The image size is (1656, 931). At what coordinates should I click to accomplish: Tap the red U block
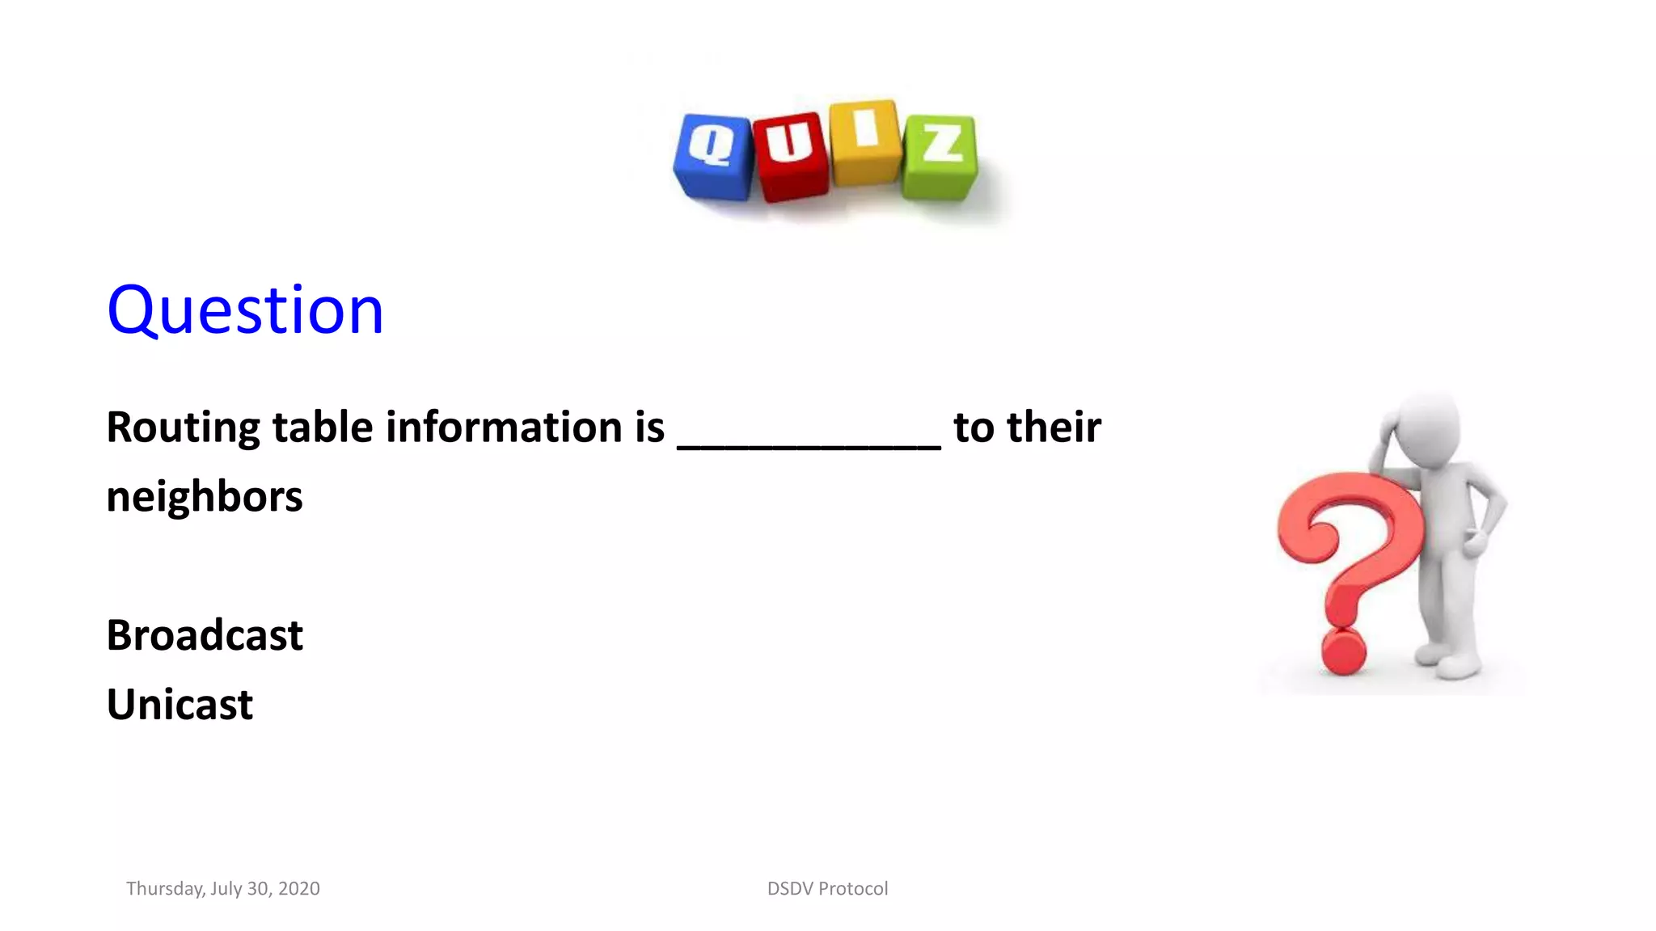coord(791,157)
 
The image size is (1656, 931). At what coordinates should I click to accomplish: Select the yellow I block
coord(865,141)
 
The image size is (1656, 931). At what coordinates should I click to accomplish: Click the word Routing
coord(183,428)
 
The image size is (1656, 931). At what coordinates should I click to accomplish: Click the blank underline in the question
coord(809,443)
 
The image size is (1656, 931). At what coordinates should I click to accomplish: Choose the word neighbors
coord(205,496)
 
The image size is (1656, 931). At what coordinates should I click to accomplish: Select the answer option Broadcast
coord(205,635)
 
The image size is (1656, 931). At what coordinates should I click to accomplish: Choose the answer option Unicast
coord(180,705)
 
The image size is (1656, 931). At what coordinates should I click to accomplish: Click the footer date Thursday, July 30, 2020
coord(223,889)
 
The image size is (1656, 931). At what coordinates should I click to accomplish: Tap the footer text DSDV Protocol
coord(827,889)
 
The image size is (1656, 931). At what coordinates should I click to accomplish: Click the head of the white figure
coord(1428,428)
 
